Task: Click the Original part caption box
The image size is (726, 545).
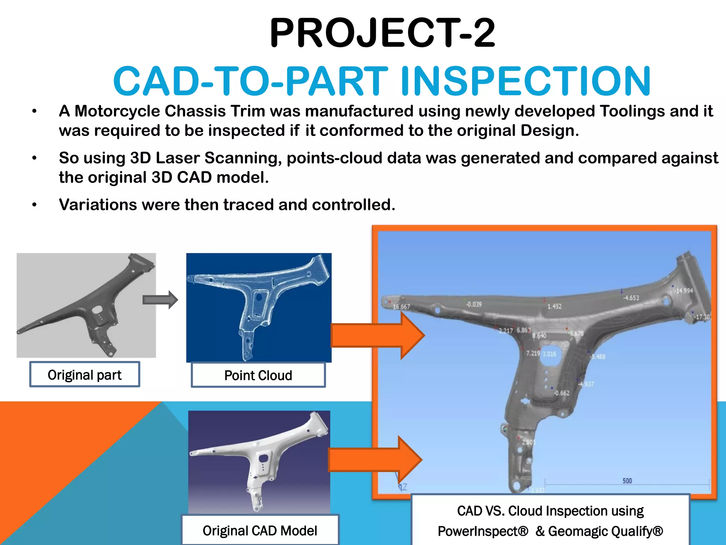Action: click(85, 374)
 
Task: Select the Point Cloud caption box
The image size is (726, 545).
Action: click(258, 375)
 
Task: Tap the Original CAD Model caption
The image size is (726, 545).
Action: click(260, 530)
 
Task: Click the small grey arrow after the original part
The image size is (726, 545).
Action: click(160, 300)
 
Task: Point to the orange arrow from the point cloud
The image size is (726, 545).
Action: click(377, 335)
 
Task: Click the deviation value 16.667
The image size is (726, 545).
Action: click(401, 307)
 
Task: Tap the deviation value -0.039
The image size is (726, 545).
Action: click(474, 304)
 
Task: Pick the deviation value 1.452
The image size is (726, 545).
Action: click(554, 306)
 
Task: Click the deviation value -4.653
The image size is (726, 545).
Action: click(631, 298)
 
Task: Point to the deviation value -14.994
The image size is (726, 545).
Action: click(683, 291)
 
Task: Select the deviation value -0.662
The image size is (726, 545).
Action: click(562, 393)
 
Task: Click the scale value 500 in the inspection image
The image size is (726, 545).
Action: click(627, 481)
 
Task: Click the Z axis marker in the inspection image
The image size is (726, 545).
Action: click(404, 487)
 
